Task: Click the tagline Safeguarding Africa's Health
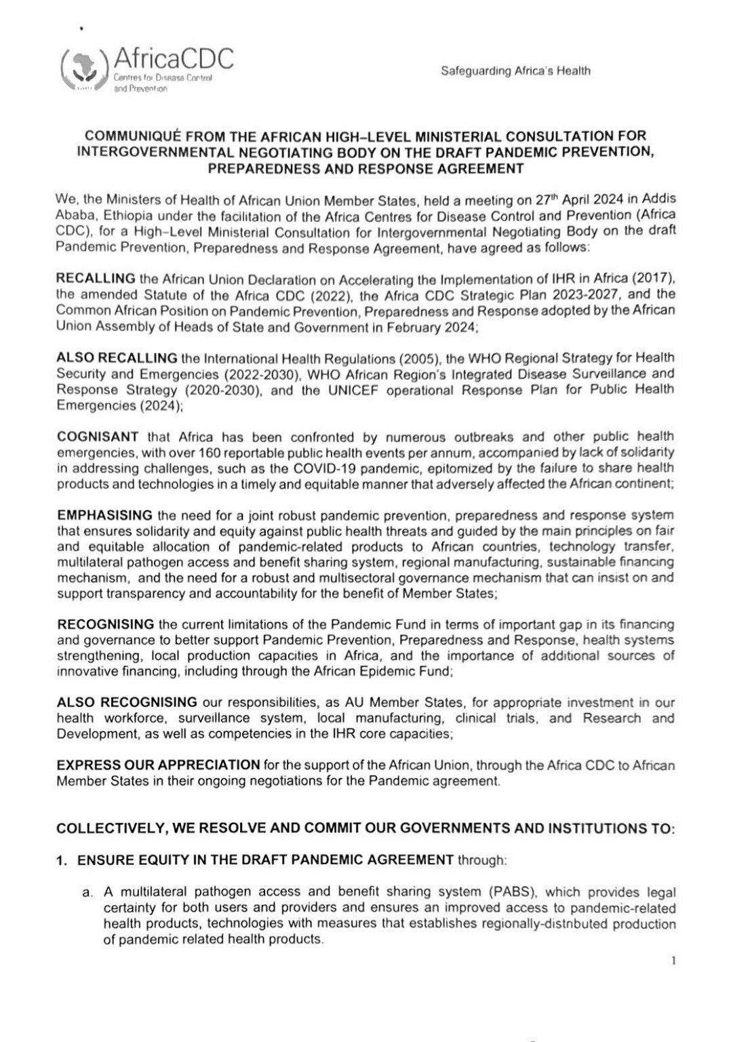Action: point(515,71)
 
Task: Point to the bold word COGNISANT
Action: point(98,438)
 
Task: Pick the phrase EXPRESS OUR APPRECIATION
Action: point(158,765)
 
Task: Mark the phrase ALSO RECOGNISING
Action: point(127,702)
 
